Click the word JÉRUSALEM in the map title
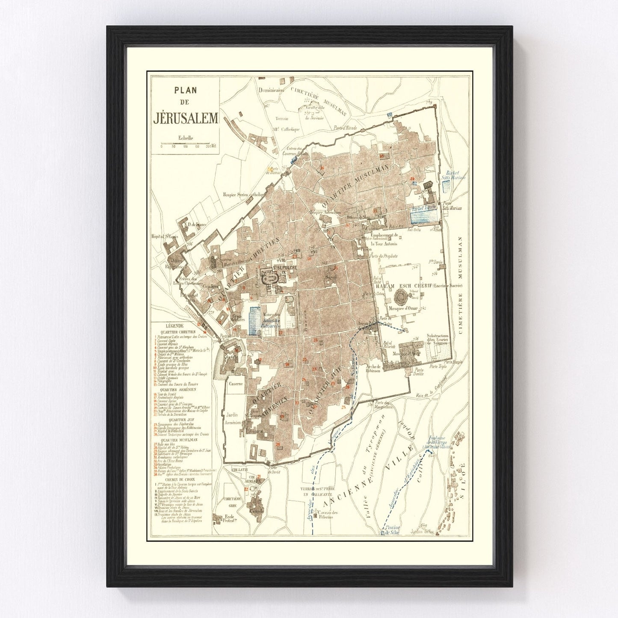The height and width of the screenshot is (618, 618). click(x=185, y=118)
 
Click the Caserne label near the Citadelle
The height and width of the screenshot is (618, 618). click(x=235, y=384)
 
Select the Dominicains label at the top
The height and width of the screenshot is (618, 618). click(x=271, y=90)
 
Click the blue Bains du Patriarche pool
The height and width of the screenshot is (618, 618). click(x=255, y=321)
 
